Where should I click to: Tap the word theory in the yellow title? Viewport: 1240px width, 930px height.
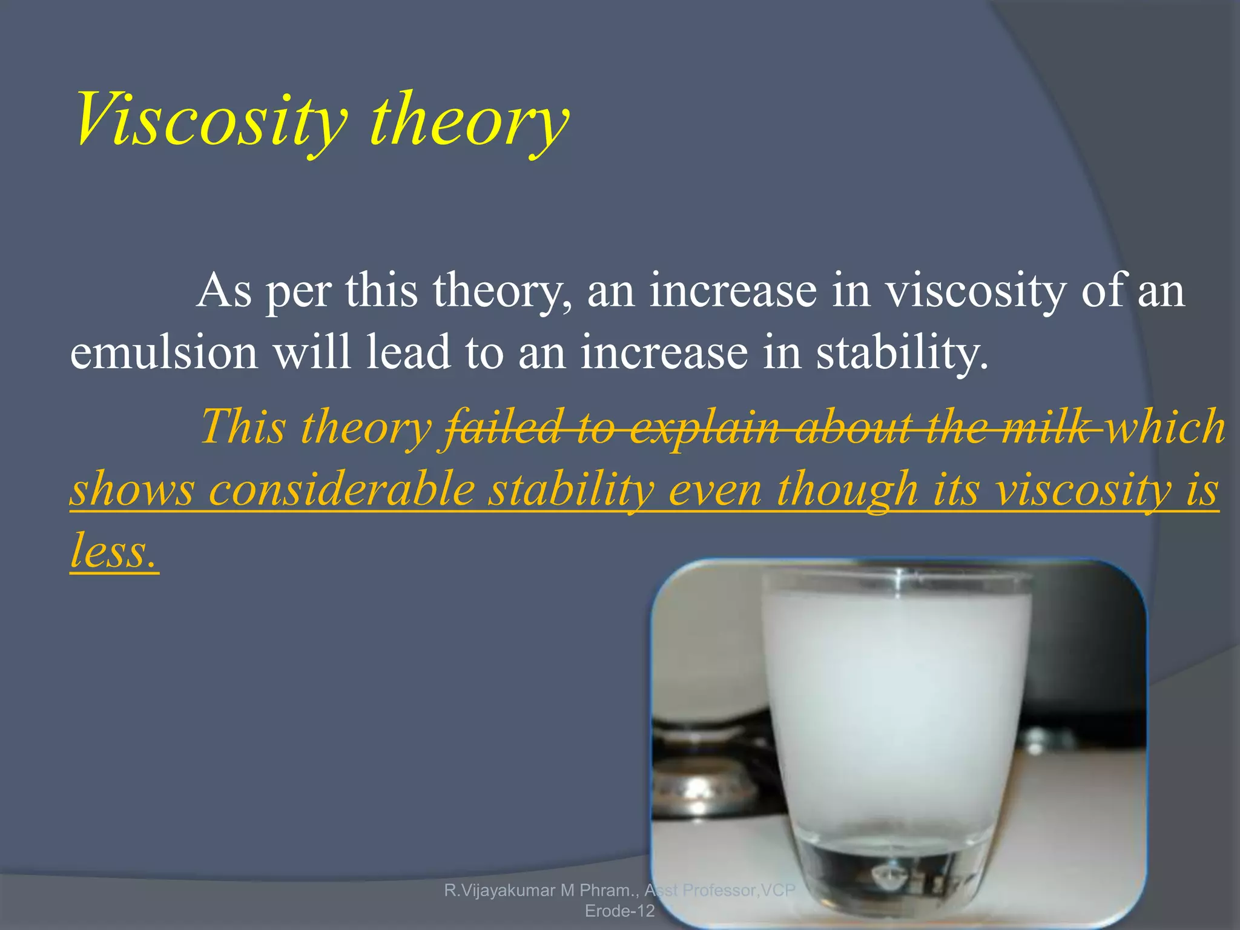[469, 120]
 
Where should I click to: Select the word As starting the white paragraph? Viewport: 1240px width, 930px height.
[223, 291]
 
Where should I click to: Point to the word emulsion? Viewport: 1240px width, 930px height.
[164, 352]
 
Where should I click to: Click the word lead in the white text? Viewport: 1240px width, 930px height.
[409, 352]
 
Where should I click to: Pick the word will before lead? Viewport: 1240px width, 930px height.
[312, 352]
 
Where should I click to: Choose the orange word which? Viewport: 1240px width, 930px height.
[1166, 426]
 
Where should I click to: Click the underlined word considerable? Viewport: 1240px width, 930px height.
[341, 489]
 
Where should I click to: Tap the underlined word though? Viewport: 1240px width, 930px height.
[847, 489]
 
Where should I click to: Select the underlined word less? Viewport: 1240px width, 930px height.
[113, 551]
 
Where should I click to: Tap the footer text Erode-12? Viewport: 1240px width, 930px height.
[619, 911]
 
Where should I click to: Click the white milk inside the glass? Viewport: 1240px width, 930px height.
[896, 696]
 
